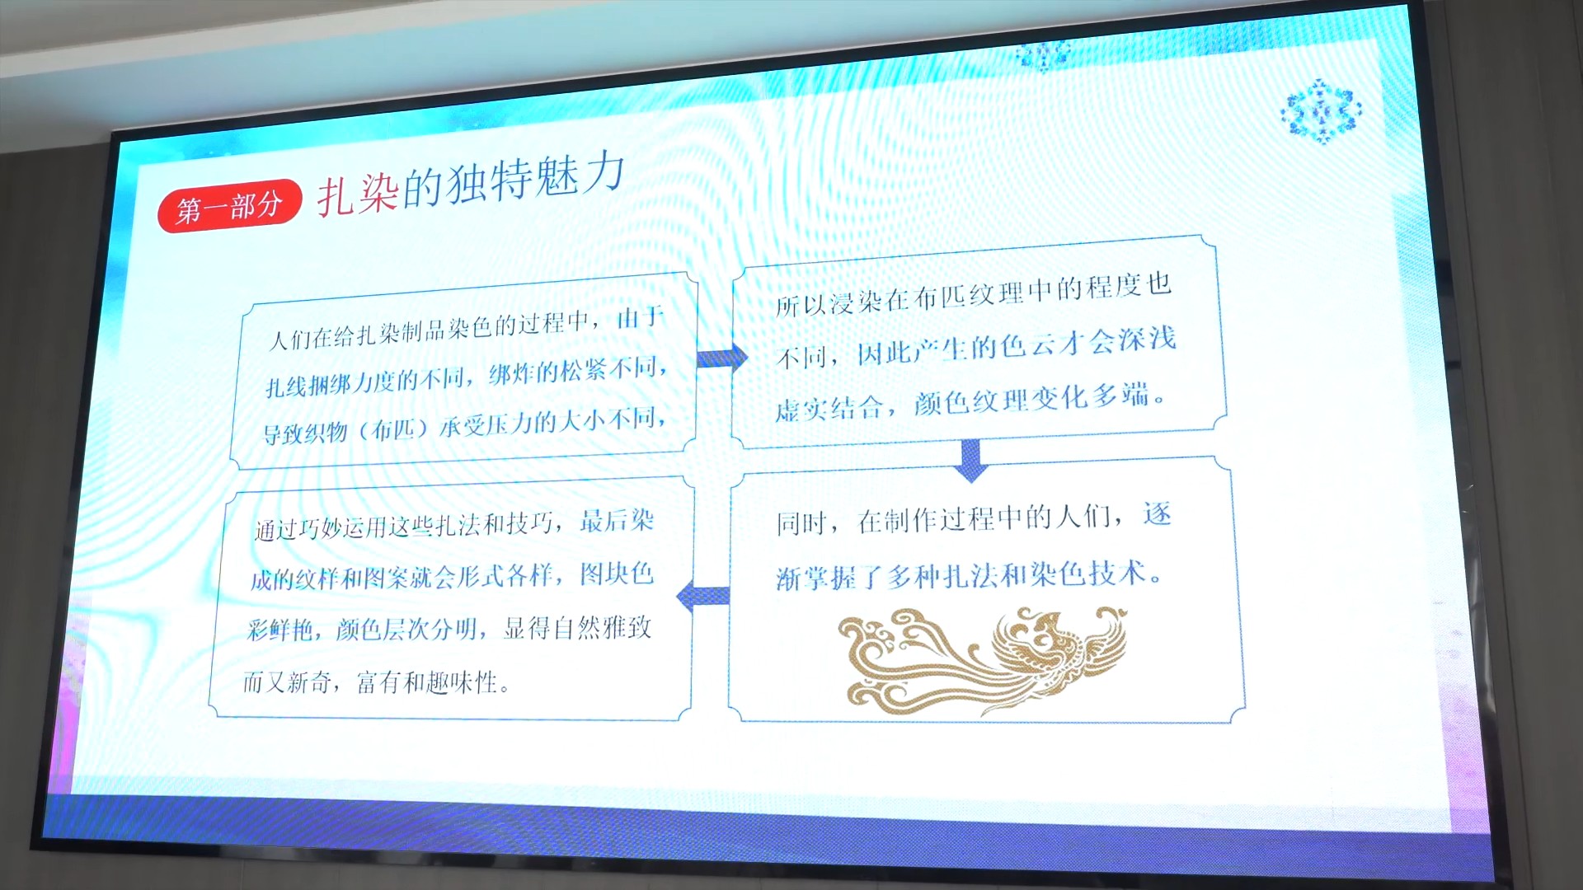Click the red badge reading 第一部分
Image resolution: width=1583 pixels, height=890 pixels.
tap(229, 206)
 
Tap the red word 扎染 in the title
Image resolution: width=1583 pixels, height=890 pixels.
tap(359, 194)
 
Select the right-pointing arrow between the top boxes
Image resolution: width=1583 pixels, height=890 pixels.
tap(722, 358)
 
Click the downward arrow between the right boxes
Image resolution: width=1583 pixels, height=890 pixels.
tap(970, 460)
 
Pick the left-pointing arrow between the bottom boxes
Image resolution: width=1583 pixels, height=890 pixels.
tap(702, 595)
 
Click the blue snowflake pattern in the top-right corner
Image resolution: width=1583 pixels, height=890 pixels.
tap(1321, 111)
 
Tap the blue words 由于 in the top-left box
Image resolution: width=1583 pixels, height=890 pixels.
tap(641, 317)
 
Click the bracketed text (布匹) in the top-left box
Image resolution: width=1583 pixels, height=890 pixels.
tap(392, 429)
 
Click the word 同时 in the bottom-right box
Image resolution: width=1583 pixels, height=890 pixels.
tap(801, 523)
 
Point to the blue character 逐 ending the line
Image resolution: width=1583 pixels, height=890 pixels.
tap(1157, 514)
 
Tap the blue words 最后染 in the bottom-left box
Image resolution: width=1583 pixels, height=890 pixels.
tap(617, 521)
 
